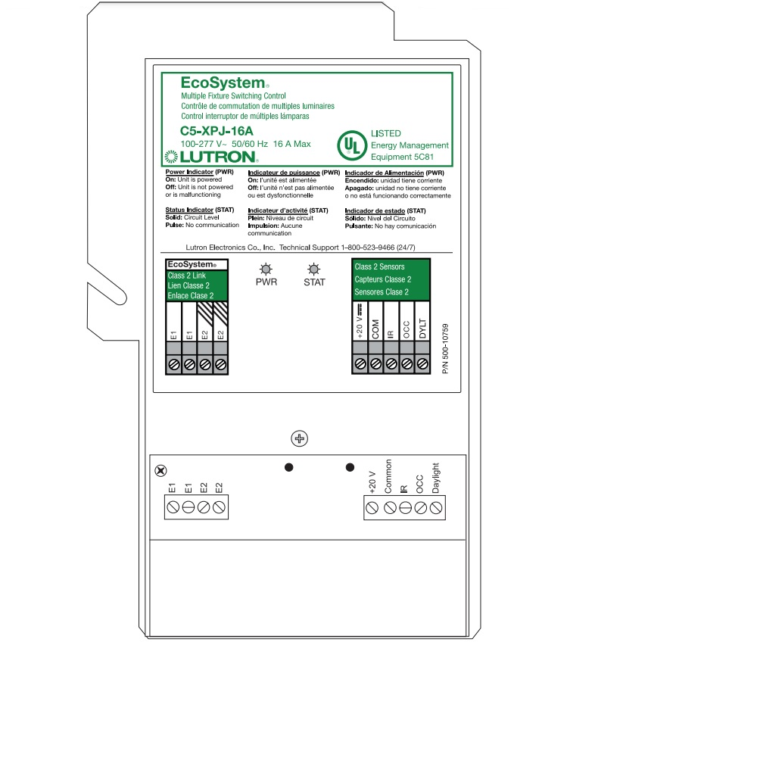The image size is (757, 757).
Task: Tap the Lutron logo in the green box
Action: [212, 157]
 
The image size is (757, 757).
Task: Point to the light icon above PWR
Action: [266, 268]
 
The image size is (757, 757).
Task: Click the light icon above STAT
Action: [313, 268]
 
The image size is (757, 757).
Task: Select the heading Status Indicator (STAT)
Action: [201, 210]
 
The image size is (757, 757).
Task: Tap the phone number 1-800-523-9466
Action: [367, 248]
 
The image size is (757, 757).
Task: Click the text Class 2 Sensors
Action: [379, 267]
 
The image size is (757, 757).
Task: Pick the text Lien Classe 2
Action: [188, 286]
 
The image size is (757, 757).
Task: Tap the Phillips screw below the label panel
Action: [300, 438]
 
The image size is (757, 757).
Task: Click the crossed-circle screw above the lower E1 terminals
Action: [160, 470]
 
